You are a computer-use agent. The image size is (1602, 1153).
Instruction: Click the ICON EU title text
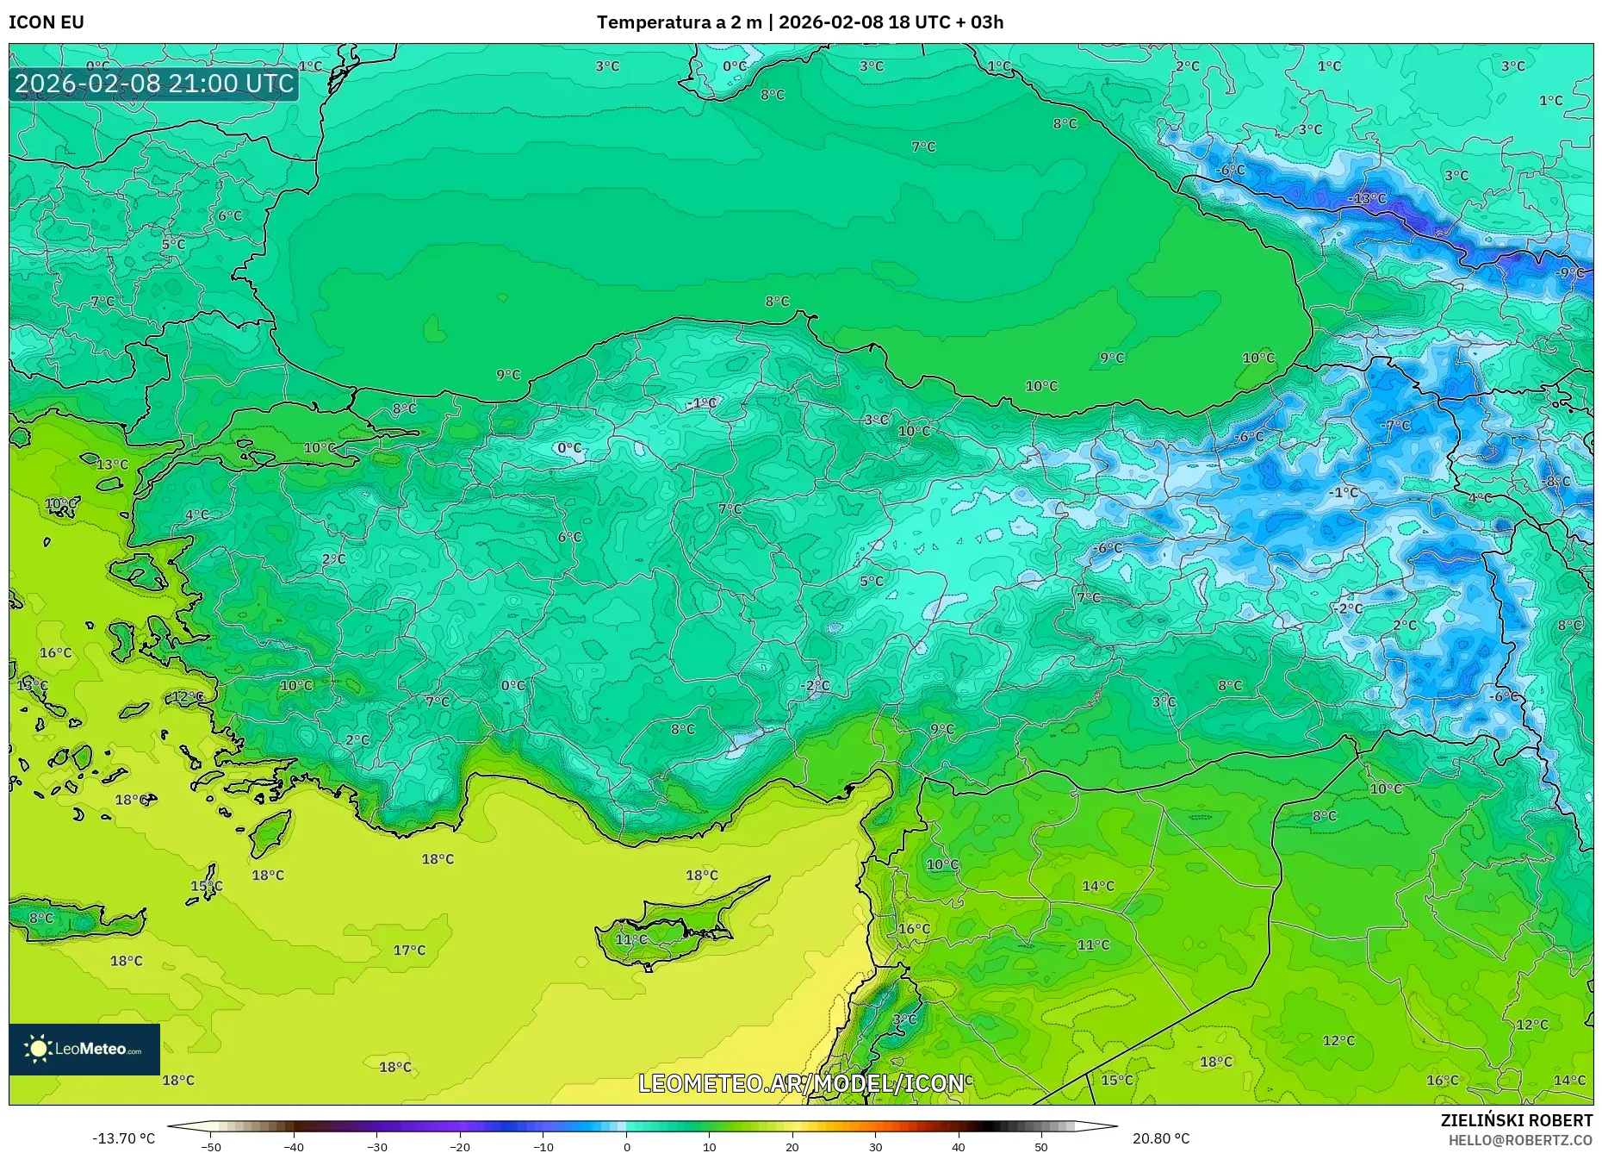pos(47,22)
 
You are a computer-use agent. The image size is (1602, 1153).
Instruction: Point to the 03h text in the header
pos(987,22)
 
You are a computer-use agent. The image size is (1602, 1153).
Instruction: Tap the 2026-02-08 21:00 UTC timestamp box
pos(154,84)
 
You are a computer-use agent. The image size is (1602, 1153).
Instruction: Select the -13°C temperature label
pos(1367,199)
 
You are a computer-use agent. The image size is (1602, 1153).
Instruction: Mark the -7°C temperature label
pos(1396,425)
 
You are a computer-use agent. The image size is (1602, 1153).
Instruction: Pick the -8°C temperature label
pos(1557,482)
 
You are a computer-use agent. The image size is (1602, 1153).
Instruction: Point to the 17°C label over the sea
pos(409,950)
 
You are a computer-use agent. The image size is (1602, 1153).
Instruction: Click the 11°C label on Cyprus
pos(631,939)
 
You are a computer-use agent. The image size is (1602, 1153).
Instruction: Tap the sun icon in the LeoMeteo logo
pos(38,1049)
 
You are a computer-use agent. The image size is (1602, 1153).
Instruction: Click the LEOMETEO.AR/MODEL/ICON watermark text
pos(801,1083)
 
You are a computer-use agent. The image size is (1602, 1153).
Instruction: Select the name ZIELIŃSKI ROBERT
pos(1517,1121)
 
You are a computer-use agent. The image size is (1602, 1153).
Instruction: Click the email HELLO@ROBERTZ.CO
pos(1520,1140)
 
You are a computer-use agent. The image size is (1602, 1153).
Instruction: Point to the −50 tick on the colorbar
pos(211,1147)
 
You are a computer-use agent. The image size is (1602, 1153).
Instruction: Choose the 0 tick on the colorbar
pos(627,1147)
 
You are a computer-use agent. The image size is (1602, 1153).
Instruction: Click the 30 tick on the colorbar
pos(875,1147)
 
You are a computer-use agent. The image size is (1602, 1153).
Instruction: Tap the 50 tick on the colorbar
pos(1041,1147)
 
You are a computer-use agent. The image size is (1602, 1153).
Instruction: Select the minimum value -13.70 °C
pos(124,1139)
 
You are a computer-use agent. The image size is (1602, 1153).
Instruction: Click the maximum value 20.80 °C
pos(1161,1139)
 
